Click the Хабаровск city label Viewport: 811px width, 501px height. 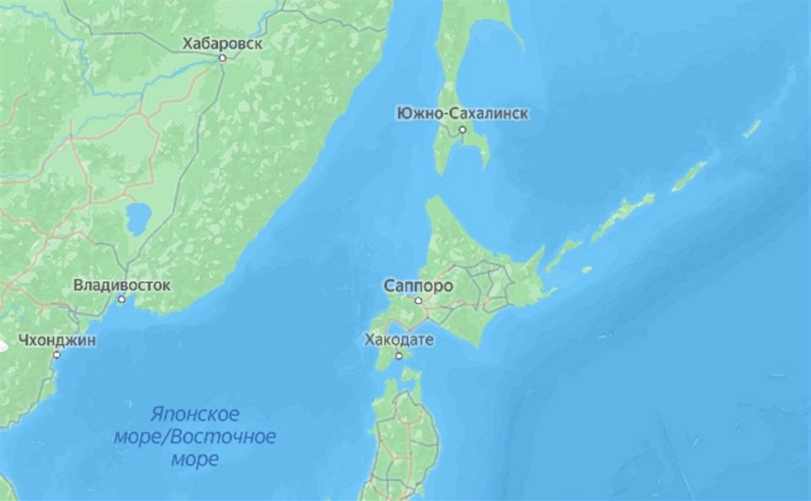[222, 44]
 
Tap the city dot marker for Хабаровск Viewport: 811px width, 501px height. [223, 58]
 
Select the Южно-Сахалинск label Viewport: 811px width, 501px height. [462, 114]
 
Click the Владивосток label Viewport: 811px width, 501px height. [121, 286]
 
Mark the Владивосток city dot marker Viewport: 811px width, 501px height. [121, 300]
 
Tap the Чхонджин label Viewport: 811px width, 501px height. [57, 341]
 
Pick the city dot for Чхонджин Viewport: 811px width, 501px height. [57, 355]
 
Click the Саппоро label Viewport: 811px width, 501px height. [418, 286]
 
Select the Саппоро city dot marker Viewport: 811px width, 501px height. [418, 301]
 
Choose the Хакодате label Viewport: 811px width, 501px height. [399, 341]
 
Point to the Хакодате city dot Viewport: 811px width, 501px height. [399, 356]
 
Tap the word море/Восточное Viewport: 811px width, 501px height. [213, 437]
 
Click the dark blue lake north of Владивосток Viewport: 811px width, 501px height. [138, 219]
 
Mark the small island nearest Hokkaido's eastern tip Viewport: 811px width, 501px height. [586, 270]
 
